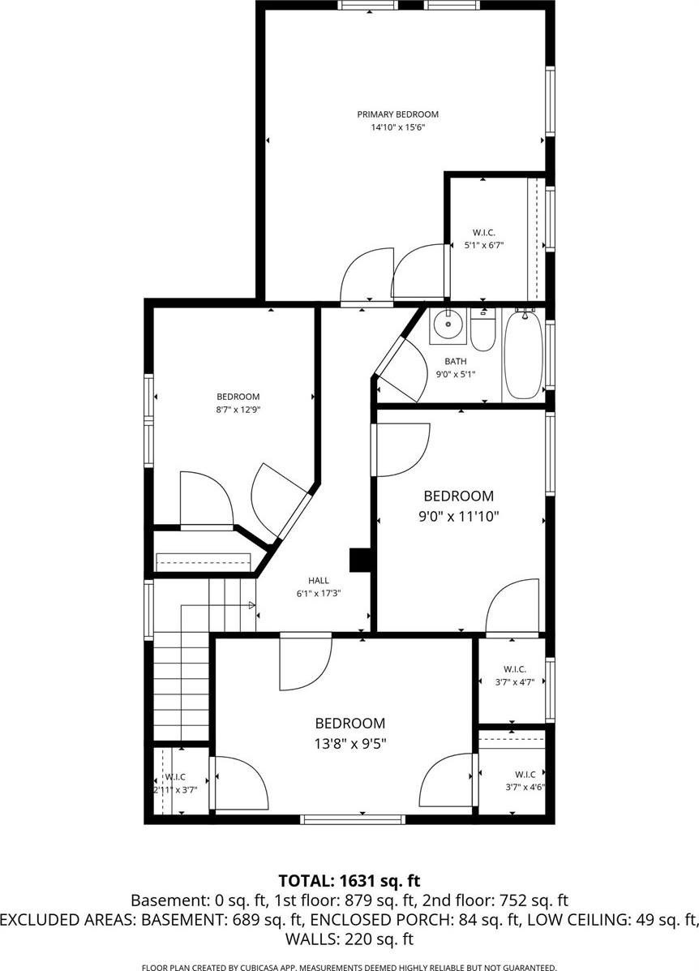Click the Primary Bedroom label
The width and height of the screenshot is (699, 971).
397,114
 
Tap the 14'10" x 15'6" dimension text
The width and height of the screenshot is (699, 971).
397,127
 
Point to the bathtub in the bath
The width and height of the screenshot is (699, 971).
524,354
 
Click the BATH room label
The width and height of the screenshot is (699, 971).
456,361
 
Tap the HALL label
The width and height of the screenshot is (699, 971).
319,580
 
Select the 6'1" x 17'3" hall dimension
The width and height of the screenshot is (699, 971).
319,593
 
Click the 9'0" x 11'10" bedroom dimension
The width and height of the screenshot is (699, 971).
459,516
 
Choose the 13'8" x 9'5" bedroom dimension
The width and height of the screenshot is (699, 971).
350,743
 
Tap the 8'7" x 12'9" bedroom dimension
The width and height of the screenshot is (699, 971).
238,410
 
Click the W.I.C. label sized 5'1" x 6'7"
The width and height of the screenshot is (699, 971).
484,232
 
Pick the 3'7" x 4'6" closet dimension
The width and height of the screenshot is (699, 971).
525,788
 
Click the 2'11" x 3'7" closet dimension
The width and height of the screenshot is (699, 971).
175,790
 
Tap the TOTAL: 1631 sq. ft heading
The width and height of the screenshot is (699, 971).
349,880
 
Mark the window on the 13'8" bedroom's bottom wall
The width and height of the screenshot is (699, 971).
353,819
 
